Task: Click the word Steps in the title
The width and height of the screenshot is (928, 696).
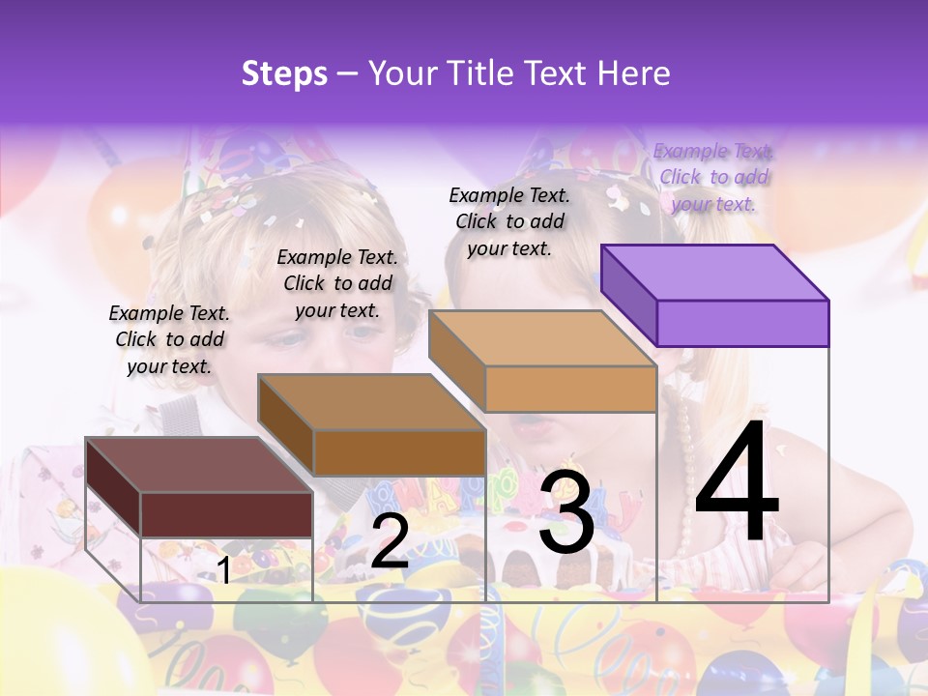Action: pyautogui.click(x=284, y=73)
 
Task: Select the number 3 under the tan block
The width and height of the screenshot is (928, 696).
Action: pyautogui.click(x=565, y=512)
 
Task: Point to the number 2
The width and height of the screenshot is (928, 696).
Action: pyautogui.click(x=390, y=541)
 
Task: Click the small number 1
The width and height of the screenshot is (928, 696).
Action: pyautogui.click(x=223, y=570)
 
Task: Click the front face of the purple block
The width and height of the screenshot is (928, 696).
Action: pyautogui.click(x=742, y=323)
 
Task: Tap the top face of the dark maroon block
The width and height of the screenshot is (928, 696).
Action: pyautogui.click(x=198, y=464)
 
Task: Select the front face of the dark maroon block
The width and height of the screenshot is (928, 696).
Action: pyautogui.click(x=226, y=514)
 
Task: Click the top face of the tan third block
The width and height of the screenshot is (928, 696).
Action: pyautogui.click(x=542, y=338)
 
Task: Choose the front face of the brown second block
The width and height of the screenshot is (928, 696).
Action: pyautogui.click(x=399, y=452)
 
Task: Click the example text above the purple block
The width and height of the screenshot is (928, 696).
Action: pyautogui.click(x=713, y=177)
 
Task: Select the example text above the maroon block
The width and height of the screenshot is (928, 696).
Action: pyautogui.click(x=169, y=339)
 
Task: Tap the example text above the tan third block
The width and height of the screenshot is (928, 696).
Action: pyautogui.click(x=509, y=221)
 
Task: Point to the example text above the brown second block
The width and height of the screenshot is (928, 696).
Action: pyautogui.click(x=337, y=283)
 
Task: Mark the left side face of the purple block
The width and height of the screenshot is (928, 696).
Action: pyautogui.click(x=628, y=295)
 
